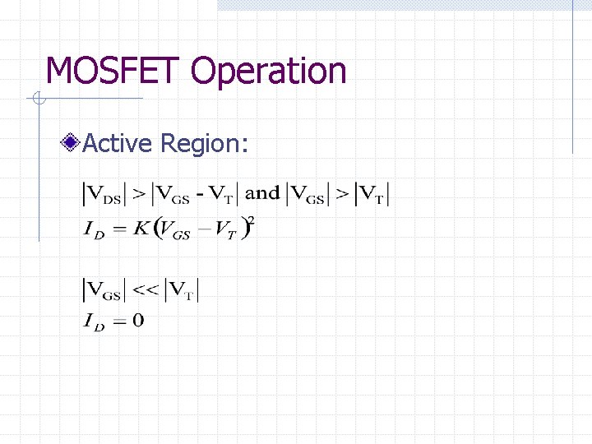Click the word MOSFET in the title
coord(115,71)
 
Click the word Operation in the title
coord(269,72)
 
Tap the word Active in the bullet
coord(118,144)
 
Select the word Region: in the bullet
coord(205,145)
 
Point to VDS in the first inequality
coord(107,195)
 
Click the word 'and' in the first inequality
coord(262,194)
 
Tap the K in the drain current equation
coord(141,229)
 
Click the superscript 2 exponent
coord(251,221)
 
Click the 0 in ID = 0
coord(137,321)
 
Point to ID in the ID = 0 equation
coord(94,321)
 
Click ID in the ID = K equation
coord(94,230)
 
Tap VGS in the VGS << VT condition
coord(105,290)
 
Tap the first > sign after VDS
coord(139,195)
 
